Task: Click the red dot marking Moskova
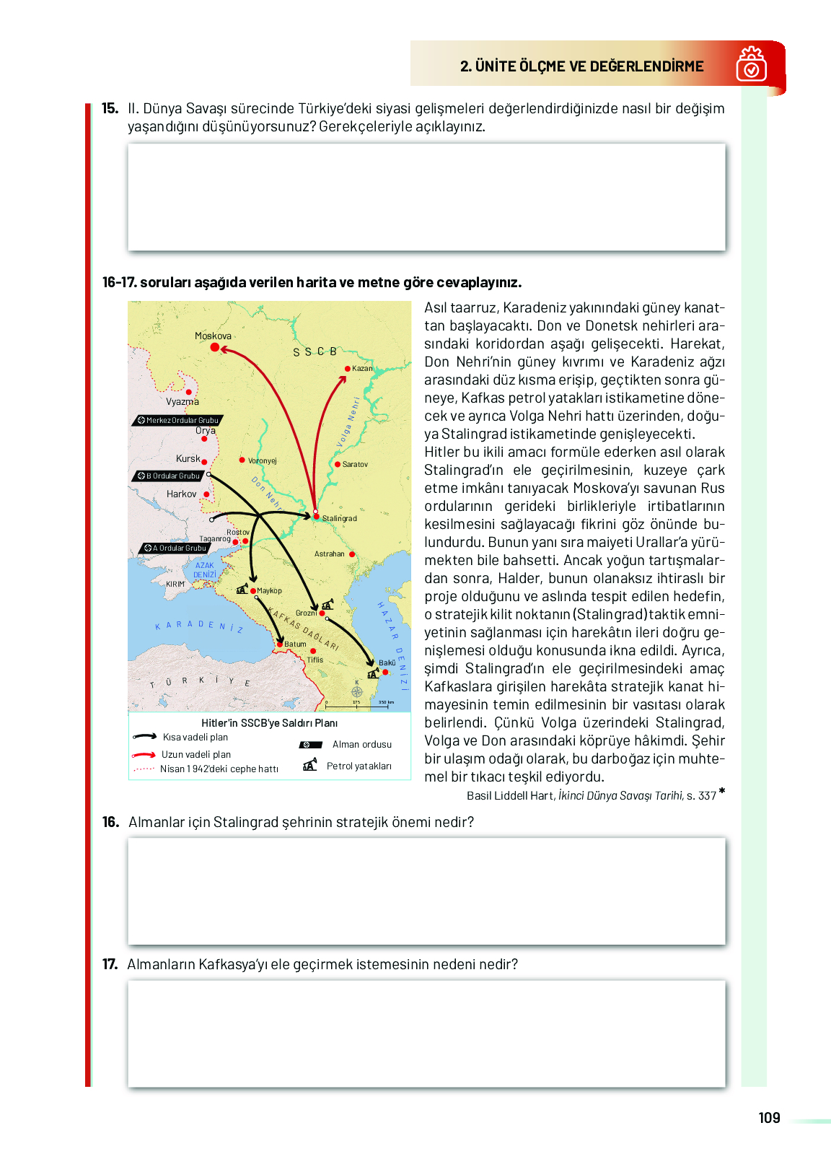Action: click(x=214, y=347)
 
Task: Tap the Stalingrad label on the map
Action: click(x=339, y=518)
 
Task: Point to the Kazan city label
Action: click(x=362, y=369)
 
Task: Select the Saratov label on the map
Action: click(x=355, y=464)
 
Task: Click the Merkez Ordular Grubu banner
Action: click(x=179, y=420)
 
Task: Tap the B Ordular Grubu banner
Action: click(x=170, y=476)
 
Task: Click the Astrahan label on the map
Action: click(x=330, y=554)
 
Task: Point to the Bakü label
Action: click(x=387, y=662)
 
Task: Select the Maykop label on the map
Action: click(x=269, y=590)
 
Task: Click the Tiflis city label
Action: click(x=315, y=660)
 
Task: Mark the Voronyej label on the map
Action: click(x=263, y=460)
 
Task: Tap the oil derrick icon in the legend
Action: click(x=310, y=765)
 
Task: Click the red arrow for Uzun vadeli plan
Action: click(x=144, y=755)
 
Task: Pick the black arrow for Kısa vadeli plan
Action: click(x=144, y=737)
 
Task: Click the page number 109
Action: click(x=769, y=1118)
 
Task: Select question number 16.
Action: click(x=110, y=822)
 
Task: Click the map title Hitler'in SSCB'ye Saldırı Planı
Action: click(x=269, y=722)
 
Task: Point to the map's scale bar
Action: click(x=359, y=703)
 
